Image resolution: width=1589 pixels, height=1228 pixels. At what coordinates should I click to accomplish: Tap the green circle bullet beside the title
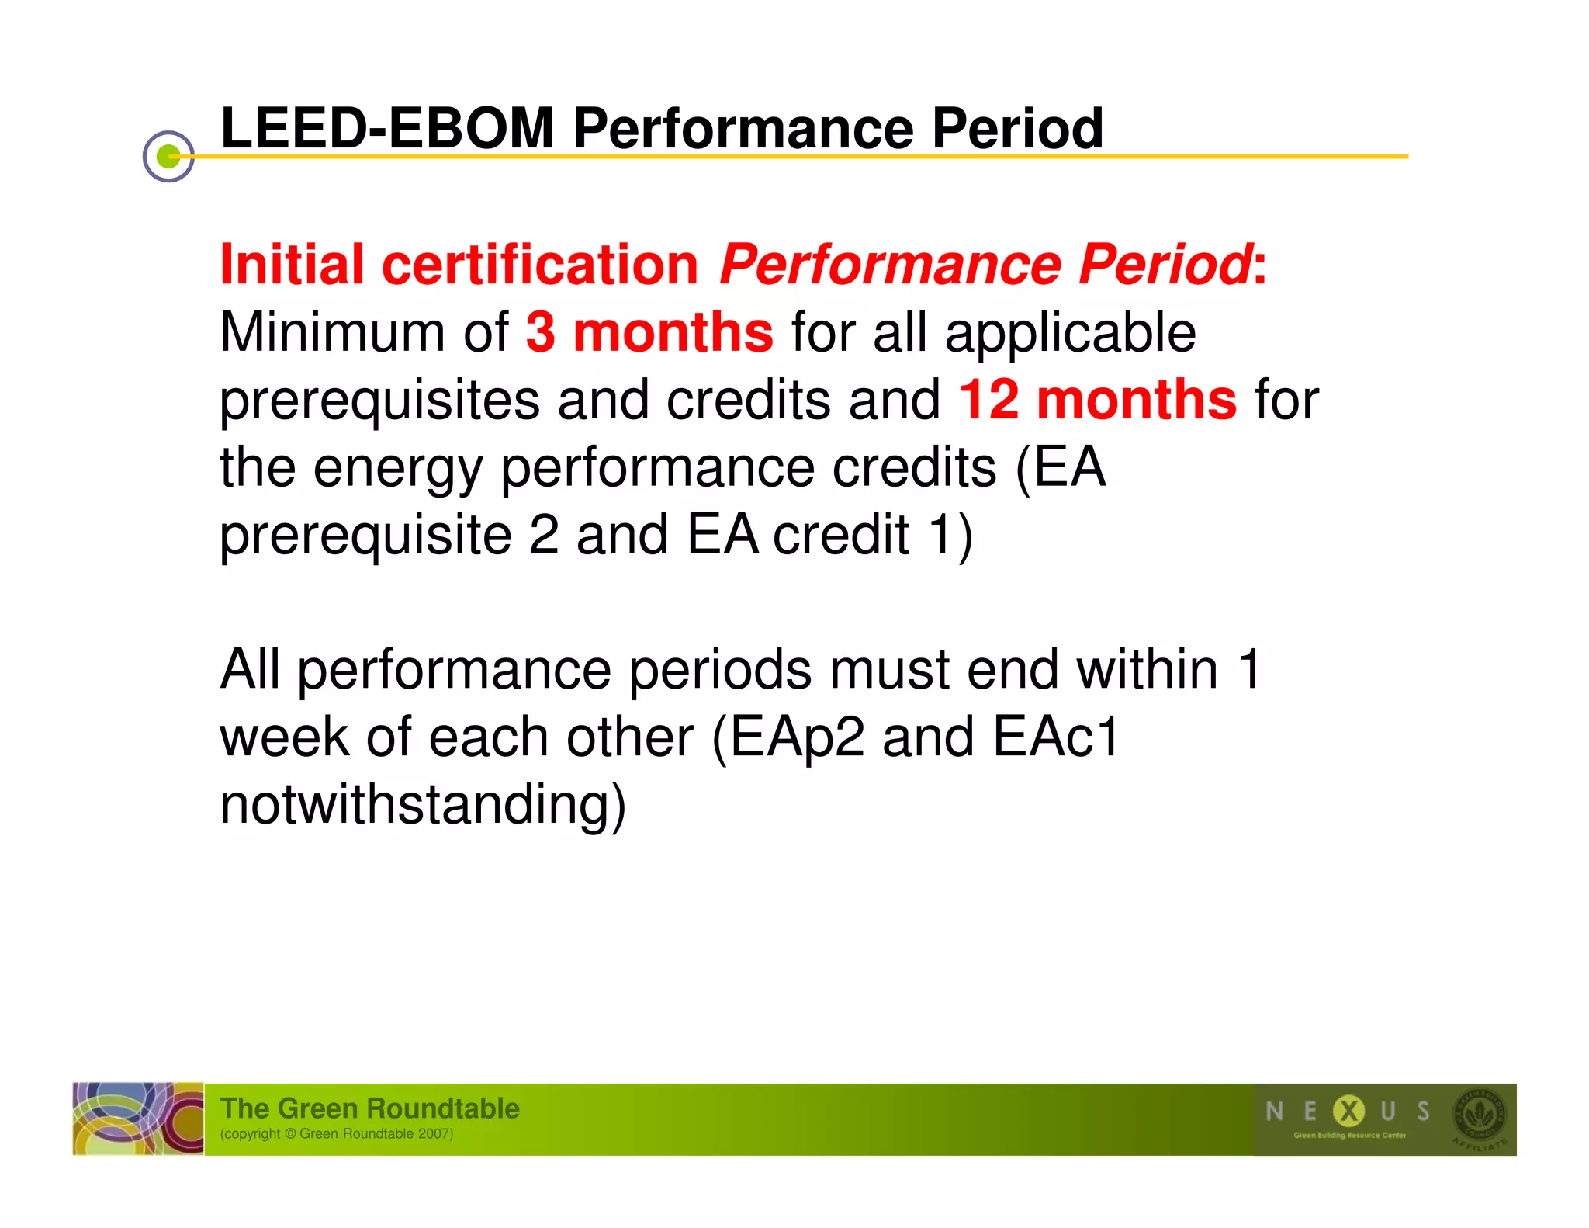pyautogui.click(x=168, y=157)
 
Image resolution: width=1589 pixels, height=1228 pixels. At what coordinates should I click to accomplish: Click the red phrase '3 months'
pyautogui.click(x=649, y=332)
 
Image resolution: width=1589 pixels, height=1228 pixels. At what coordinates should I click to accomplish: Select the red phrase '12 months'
pyautogui.click(x=1098, y=400)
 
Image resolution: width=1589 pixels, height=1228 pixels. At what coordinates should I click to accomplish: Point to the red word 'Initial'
pyautogui.click(x=292, y=265)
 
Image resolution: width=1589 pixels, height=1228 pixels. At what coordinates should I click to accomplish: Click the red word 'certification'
pyautogui.click(x=540, y=265)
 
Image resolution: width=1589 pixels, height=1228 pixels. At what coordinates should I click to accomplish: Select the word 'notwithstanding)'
pyautogui.click(x=423, y=804)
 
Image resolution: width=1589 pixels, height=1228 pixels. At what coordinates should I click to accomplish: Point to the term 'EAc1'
pyautogui.click(x=1056, y=737)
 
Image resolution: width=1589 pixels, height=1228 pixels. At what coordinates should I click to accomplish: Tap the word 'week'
pyautogui.click(x=284, y=737)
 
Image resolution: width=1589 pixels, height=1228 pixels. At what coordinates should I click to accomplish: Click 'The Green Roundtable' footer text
pyautogui.click(x=369, y=1108)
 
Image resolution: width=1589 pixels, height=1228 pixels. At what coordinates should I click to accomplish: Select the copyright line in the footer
pyautogui.click(x=337, y=1134)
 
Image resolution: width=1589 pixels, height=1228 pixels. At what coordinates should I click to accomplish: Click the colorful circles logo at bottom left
pyautogui.click(x=138, y=1119)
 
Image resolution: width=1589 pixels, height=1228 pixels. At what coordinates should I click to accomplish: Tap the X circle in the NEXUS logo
pyautogui.click(x=1348, y=1111)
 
